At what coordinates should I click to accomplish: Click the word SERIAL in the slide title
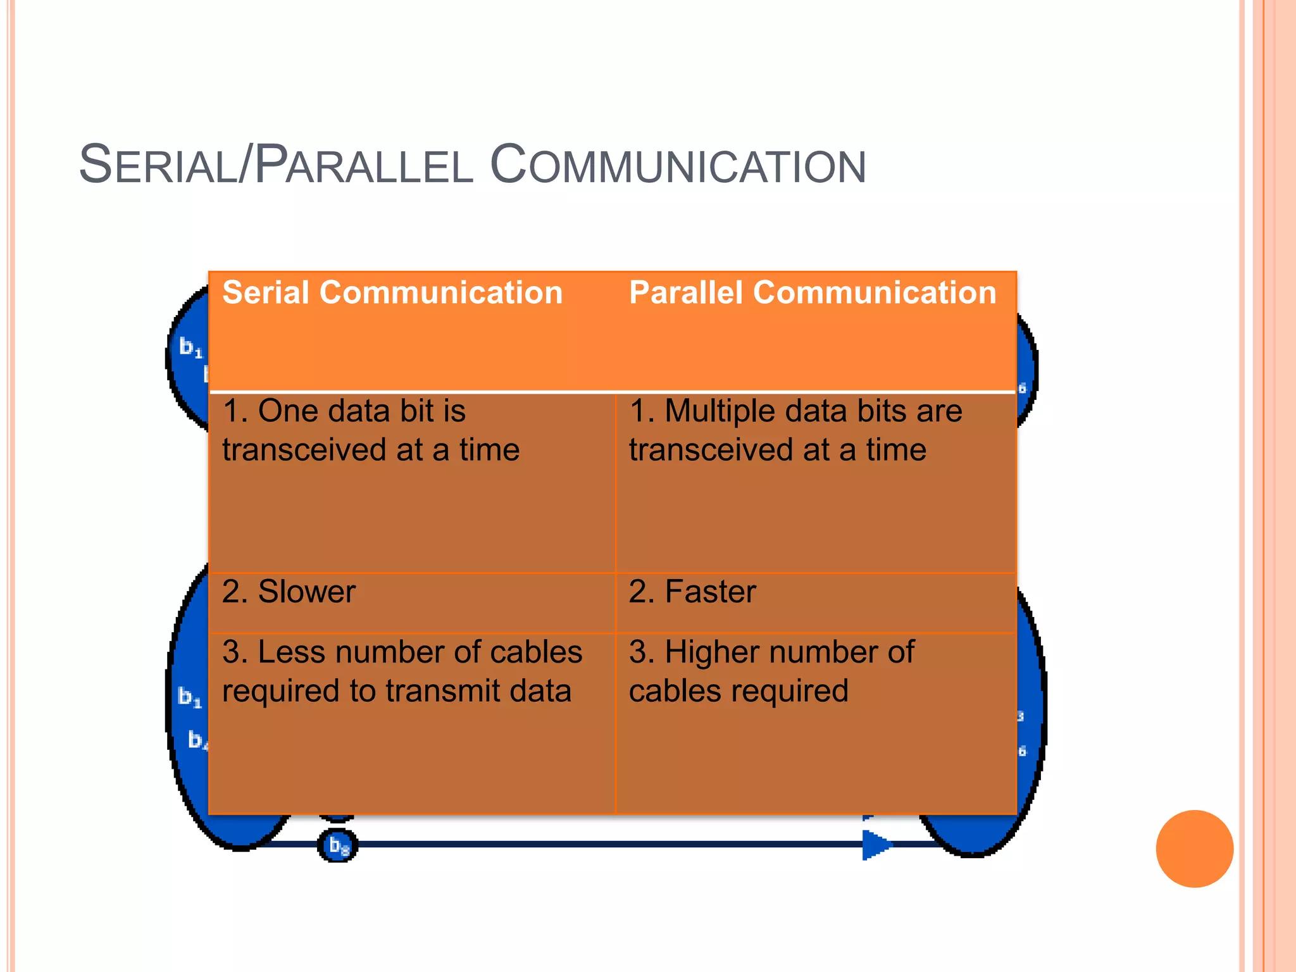[x=158, y=166]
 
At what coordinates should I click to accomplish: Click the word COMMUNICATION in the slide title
[x=678, y=166]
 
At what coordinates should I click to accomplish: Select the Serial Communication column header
[x=392, y=293]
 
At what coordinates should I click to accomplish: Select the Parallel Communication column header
[x=813, y=293]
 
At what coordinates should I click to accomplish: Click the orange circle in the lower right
[x=1194, y=849]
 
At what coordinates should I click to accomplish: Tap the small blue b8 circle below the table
[x=338, y=845]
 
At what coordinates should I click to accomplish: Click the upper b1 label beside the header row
[x=190, y=347]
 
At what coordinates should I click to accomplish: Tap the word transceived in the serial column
[x=304, y=451]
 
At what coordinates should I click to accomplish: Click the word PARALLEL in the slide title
[x=364, y=166]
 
